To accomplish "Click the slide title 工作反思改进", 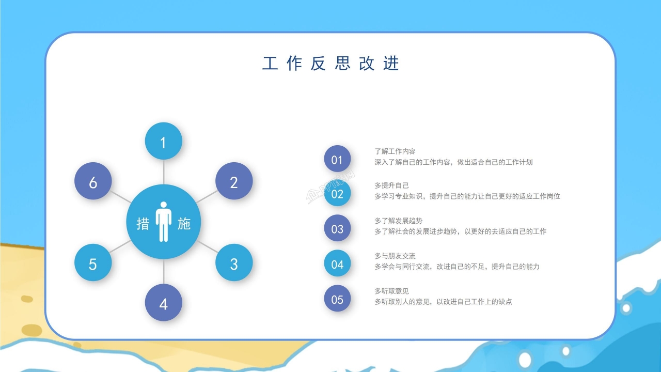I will pos(330,63).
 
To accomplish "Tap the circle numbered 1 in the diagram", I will pos(163,141).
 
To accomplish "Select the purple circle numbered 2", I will pos(234,181).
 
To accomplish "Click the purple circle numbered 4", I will pos(163,303).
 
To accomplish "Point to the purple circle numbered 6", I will pos(93,181).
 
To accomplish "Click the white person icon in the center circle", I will pos(163,222).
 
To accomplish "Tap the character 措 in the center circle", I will pos(143,223).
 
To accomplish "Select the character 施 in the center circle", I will pos(184,223).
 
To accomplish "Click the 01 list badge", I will pos(337,159).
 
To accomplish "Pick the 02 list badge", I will pos(337,194).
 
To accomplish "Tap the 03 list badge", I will pos(337,228).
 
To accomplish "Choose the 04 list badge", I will pos(337,264).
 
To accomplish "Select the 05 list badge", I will pos(337,299).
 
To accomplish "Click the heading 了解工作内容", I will pos(395,151).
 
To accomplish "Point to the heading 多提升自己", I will pos(391,185).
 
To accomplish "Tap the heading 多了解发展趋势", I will pos(398,221).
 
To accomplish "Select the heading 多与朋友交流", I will pos(395,256).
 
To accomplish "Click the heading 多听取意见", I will pos(391,291).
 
